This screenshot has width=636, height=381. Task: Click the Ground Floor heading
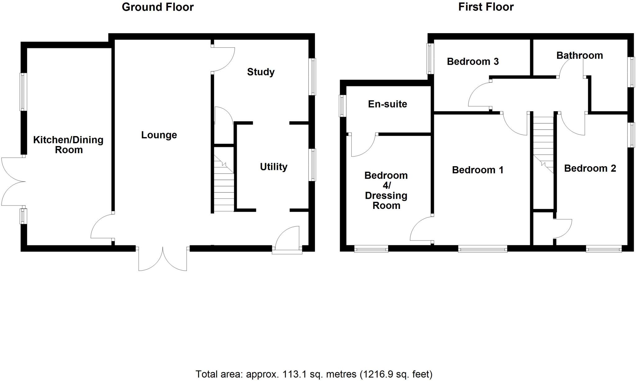pos(157,7)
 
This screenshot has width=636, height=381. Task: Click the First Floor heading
pos(486,7)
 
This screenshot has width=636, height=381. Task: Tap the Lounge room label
pos(159,135)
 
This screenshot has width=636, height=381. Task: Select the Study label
pos(261,72)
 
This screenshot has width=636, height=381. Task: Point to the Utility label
pos(273,167)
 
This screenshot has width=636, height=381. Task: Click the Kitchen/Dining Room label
pos(68,145)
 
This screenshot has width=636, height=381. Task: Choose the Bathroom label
pos(579,55)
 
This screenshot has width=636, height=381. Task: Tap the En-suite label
pos(387,104)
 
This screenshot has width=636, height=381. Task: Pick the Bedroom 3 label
pos(473,61)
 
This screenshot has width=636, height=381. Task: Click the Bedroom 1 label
pos(478,170)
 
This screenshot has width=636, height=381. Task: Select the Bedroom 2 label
pos(590,168)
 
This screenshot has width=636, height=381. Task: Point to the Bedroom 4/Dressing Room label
pos(386,190)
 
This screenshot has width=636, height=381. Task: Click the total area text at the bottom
pos(314,374)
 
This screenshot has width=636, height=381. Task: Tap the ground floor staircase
pos(224,183)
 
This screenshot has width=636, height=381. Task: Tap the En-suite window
pos(343,106)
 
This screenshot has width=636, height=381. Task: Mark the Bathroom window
pos(631,72)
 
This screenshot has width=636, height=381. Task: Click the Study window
pos(313,77)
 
